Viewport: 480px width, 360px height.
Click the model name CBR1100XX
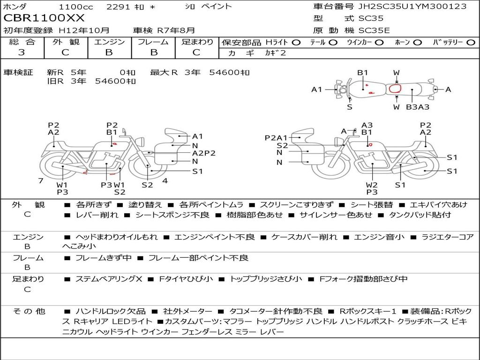click(x=44, y=18)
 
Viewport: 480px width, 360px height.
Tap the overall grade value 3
click(x=22, y=52)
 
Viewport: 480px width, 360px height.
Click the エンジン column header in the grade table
click(x=109, y=42)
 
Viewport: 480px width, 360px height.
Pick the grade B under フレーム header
click(x=154, y=52)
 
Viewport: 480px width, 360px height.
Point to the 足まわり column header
click(x=197, y=42)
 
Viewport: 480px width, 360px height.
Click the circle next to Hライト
click(x=296, y=43)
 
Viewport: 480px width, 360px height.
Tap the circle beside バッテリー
click(x=471, y=43)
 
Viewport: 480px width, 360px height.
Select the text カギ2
click(x=275, y=53)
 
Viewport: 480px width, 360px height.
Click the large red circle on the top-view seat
click(x=395, y=89)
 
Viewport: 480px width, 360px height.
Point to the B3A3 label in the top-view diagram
click(x=418, y=107)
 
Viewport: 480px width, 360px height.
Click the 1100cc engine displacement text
click(x=76, y=7)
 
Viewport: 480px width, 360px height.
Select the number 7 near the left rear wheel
click(x=41, y=181)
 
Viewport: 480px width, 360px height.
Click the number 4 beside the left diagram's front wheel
click(x=165, y=181)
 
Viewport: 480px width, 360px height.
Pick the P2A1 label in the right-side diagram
click(x=276, y=138)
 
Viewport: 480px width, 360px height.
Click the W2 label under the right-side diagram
click(x=372, y=185)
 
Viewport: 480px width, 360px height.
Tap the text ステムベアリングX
click(x=109, y=279)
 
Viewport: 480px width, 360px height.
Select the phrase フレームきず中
click(x=104, y=258)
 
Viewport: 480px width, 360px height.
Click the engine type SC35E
click(x=374, y=30)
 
